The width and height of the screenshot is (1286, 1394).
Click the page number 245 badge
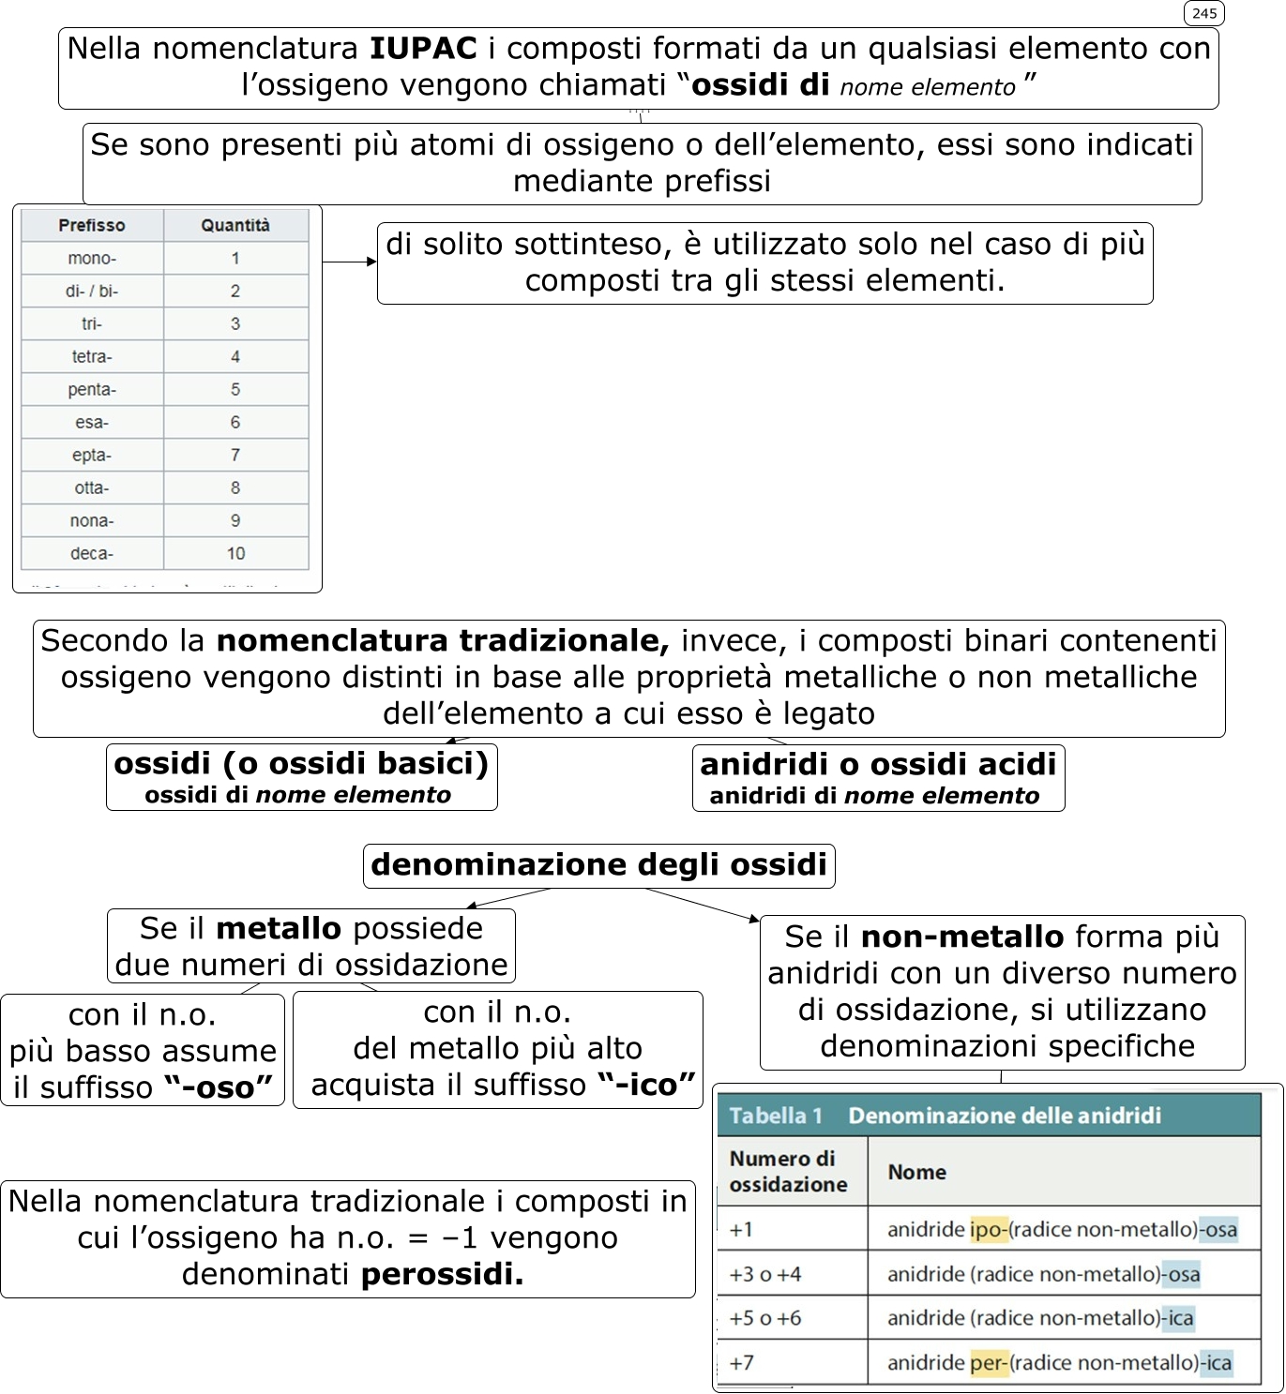click(1203, 13)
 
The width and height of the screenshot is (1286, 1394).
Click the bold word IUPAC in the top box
click(423, 48)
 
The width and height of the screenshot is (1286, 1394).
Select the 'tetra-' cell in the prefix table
click(92, 356)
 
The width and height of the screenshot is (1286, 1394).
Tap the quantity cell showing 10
click(235, 553)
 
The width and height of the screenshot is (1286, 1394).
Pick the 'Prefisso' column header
click(92, 225)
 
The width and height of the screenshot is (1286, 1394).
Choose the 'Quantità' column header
click(235, 225)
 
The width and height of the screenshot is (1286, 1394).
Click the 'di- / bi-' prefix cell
click(92, 291)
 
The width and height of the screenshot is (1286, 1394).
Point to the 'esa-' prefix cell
click(92, 422)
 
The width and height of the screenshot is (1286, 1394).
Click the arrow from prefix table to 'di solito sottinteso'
click(349, 262)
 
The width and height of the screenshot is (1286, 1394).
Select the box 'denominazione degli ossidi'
click(598, 864)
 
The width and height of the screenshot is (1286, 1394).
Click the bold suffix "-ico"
click(646, 1085)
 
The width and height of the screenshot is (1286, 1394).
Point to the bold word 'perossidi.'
click(442, 1274)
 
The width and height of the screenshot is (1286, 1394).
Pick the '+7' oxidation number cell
click(742, 1362)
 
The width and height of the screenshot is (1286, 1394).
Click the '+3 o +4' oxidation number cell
click(765, 1274)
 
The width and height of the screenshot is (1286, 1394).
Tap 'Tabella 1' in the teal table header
click(776, 1116)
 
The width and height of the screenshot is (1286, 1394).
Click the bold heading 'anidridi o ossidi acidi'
click(878, 764)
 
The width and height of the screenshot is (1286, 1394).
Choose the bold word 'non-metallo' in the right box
click(962, 937)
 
